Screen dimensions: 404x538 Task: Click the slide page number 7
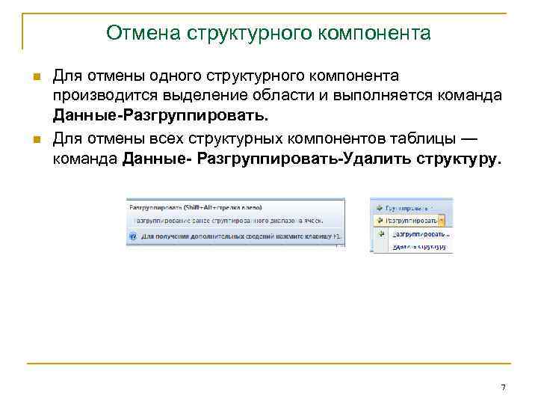coord(503,387)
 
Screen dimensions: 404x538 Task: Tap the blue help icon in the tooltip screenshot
coord(132,236)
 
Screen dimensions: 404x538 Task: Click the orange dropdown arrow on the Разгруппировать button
coord(442,220)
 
